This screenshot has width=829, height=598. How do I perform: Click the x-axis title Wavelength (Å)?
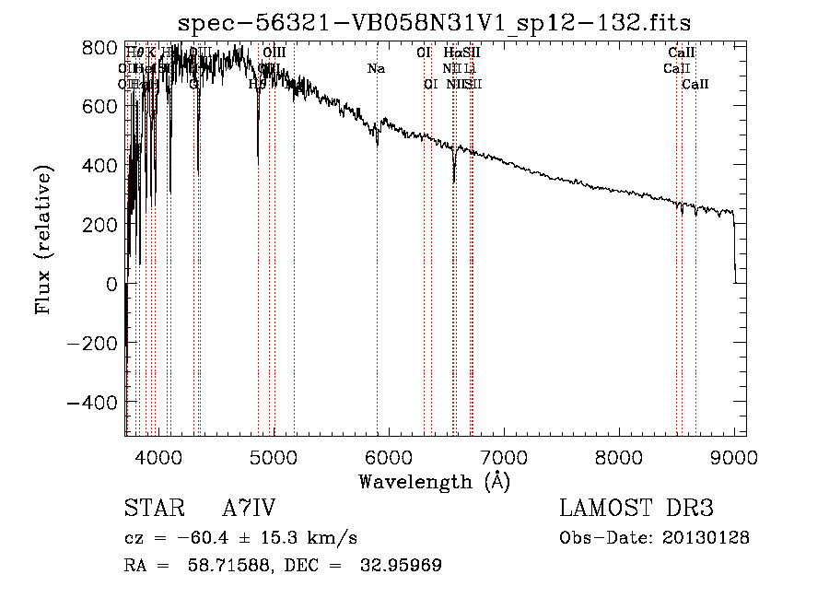point(434,481)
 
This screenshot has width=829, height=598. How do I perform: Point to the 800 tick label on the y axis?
point(100,47)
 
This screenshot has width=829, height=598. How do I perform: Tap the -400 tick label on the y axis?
point(93,403)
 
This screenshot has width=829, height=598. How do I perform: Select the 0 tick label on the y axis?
point(112,284)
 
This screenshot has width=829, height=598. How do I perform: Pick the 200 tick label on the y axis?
point(100,225)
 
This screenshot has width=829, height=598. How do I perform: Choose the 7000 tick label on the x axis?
point(503,455)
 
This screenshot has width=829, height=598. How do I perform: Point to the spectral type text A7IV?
point(248,510)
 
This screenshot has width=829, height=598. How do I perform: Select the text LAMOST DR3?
point(636,510)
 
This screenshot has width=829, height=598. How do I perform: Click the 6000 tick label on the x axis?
point(388,455)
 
